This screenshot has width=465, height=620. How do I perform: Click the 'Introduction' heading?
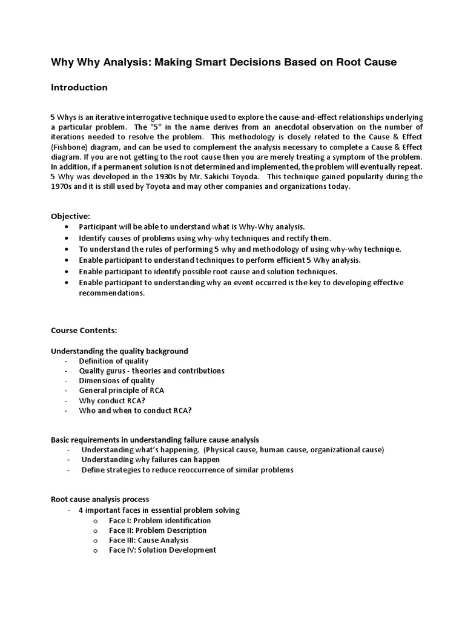(x=79, y=88)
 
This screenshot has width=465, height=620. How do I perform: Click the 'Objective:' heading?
(x=70, y=216)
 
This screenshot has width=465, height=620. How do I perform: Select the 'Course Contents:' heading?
(x=84, y=331)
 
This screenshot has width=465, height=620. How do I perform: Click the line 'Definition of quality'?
(x=113, y=361)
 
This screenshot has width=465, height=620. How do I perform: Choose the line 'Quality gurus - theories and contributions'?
(x=151, y=371)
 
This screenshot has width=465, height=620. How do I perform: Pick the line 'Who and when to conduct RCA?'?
(x=135, y=410)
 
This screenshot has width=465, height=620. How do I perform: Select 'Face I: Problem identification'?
(x=160, y=521)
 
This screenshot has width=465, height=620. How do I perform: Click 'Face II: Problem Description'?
(x=157, y=530)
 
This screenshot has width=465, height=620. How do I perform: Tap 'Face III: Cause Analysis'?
(x=148, y=540)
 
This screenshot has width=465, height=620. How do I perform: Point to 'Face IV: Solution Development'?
(x=162, y=550)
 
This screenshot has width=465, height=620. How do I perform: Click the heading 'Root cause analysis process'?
(x=99, y=500)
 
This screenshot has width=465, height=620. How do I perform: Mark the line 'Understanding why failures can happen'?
(x=150, y=460)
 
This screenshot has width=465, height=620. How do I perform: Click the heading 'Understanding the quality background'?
(x=119, y=351)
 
